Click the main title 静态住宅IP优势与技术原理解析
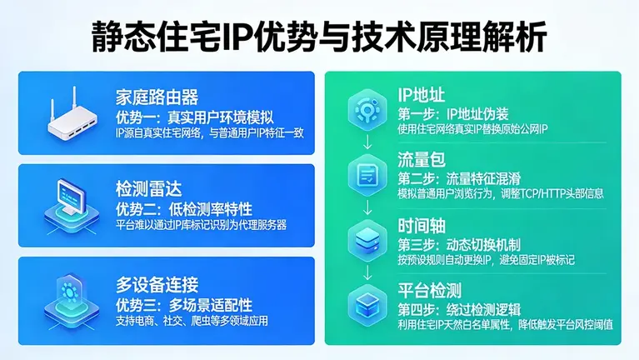point(319,37)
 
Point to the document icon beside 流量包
point(365,175)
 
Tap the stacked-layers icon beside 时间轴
point(365,240)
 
